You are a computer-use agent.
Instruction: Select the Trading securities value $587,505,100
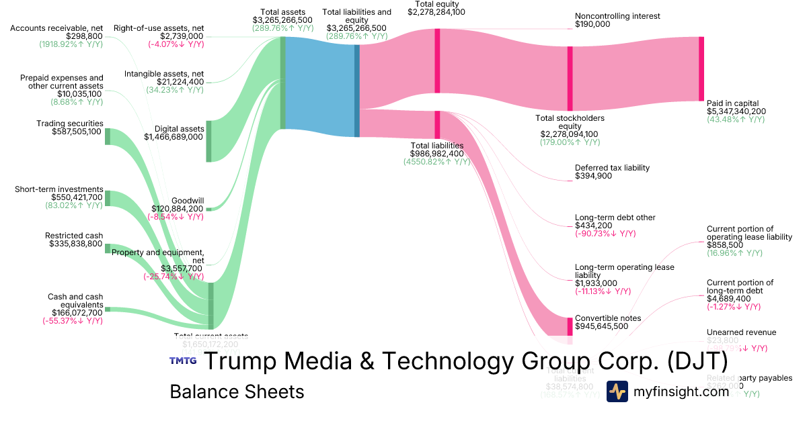pos(77,132)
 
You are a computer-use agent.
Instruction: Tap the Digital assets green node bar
pos(208,141)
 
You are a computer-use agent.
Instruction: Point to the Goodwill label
pos(188,200)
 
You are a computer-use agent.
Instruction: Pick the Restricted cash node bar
pos(107,248)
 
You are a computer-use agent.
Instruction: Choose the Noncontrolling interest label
pos(617,16)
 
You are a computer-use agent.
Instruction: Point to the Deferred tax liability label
pos(612,167)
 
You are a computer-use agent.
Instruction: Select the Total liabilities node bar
pos(437,126)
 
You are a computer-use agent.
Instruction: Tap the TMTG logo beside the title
pos(182,361)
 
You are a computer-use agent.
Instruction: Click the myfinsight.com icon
pos(617,391)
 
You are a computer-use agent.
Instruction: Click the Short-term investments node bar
pos(107,198)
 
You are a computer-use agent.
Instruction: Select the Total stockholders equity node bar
pos(570,79)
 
